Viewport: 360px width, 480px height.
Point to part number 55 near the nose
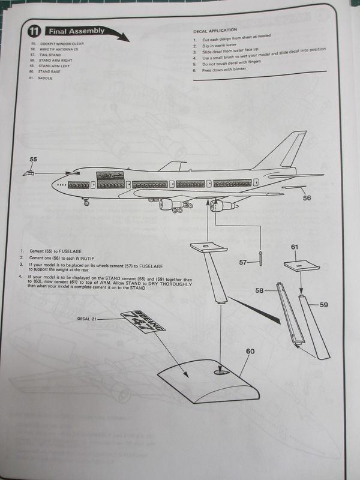34,160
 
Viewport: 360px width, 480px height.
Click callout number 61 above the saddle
294,247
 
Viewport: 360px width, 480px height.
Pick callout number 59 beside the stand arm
323,305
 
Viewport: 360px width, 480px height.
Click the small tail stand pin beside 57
261,257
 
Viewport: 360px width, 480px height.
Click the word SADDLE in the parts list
46,78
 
